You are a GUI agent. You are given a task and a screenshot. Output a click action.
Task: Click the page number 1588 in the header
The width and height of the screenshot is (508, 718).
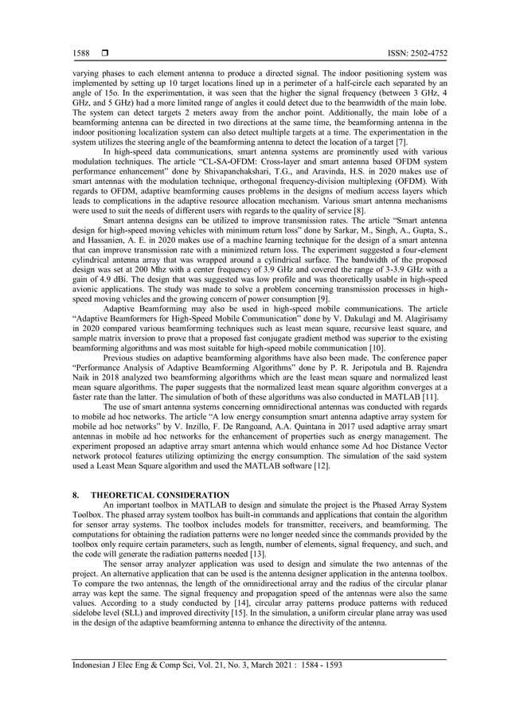79,53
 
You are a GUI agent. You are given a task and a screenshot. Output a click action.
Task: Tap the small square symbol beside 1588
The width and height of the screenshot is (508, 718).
104,53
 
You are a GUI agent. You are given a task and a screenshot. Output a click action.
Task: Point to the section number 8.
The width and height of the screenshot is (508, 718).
75,495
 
